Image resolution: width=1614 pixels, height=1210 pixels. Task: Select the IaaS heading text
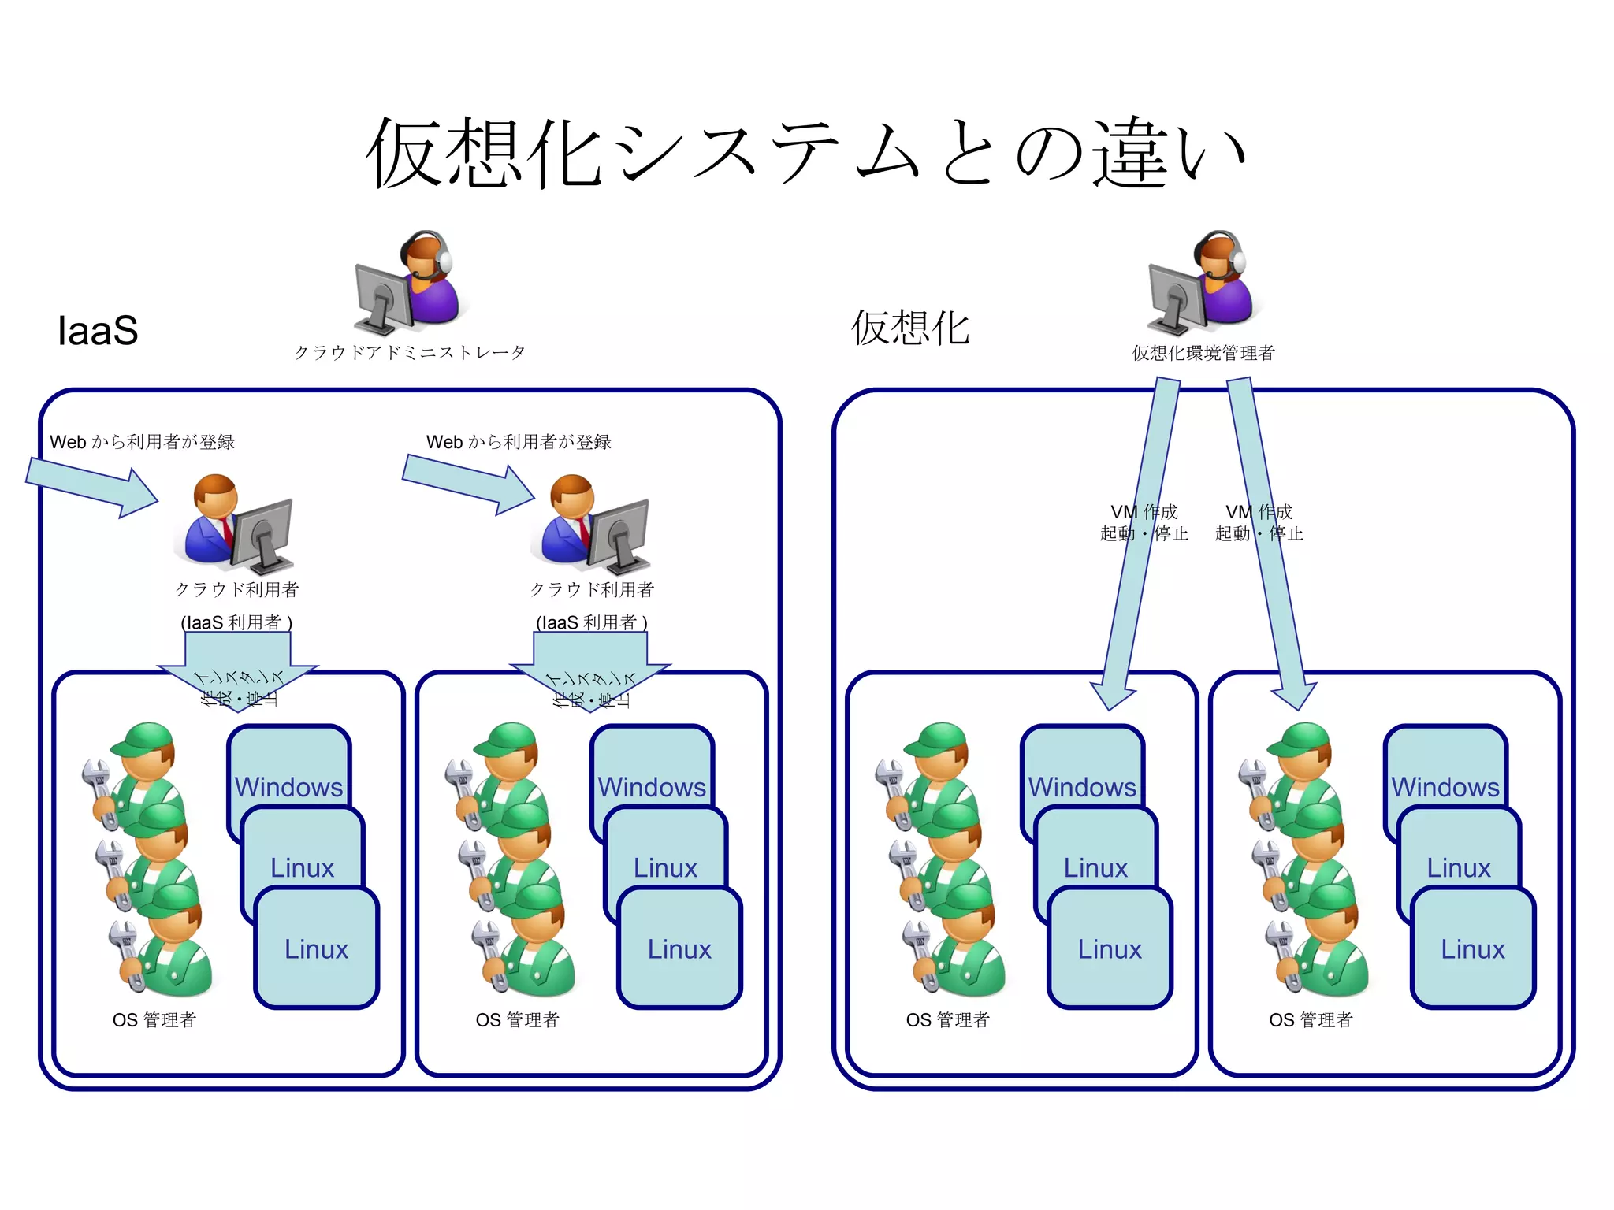[x=98, y=330]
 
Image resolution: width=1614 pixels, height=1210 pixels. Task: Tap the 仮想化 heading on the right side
[x=910, y=328]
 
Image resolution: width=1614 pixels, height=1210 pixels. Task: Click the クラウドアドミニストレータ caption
[x=409, y=352]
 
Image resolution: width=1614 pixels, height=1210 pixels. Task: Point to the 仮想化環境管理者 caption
[x=1203, y=353]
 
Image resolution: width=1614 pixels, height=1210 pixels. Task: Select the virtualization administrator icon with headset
[x=1202, y=282]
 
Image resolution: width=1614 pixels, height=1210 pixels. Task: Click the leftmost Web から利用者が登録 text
[x=142, y=442]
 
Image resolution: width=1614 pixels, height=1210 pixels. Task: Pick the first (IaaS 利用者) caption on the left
[x=236, y=622]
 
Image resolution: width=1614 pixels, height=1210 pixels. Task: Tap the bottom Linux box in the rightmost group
[x=1472, y=948]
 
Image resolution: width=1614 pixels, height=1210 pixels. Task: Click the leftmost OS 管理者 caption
[x=154, y=1019]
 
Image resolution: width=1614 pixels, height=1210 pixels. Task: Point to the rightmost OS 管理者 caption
[x=1310, y=1019]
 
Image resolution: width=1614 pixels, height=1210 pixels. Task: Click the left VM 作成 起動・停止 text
[x=1144, y=522]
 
